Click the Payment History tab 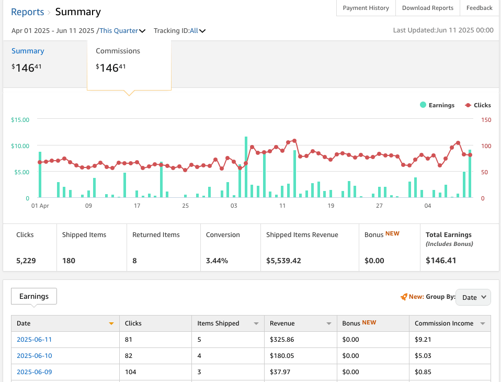pos(366,8)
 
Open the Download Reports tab pos(428,8)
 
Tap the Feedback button pos(479,8)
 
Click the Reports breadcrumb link pos(27,12)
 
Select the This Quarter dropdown pos(122,31)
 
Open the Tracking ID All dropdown pos(198,31)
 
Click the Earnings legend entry pos(437,105)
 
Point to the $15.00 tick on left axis pos(20,120)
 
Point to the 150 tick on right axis pos(486,120)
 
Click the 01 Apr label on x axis pos(40,206)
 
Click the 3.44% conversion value pos(217,261)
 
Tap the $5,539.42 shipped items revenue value pos(283,261)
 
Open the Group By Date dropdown pos(473,297)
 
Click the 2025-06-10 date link pos(34,356)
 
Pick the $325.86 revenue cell pos(282,340)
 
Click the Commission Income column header pos(444,323)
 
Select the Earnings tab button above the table pos(34,296)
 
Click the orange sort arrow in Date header pos(111,323)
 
